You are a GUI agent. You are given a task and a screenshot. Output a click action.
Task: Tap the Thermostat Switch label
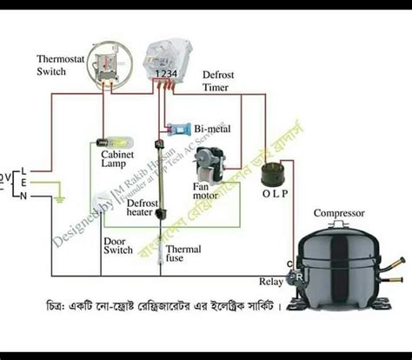(62, 65)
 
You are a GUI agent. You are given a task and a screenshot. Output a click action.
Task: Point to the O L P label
(275, 194)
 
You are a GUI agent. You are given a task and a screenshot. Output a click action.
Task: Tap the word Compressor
(338, 213)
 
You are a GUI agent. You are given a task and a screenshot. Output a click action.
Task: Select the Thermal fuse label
(183, 255)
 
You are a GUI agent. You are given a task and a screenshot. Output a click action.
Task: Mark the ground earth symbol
(58, 199)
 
